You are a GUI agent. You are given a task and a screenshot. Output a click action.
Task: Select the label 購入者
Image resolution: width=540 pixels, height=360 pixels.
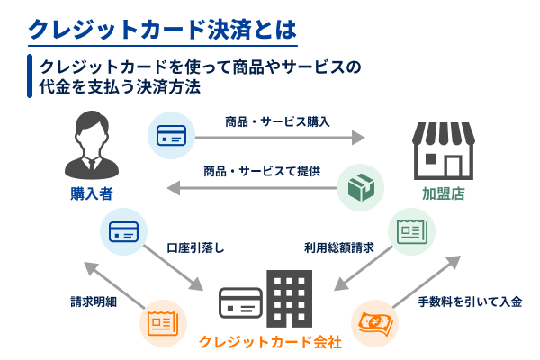click(x=91, y=193)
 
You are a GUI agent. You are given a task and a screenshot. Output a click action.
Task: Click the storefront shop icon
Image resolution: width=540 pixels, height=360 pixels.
click(x=443, y=150)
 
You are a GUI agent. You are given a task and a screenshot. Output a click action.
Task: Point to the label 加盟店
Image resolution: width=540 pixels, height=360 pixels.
click(x=444, y=193)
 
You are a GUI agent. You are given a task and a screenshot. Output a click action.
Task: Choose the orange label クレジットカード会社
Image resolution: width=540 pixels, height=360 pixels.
click(x=270, y=343)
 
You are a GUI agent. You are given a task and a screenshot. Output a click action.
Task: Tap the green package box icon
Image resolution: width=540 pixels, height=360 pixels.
click(x=361, y=187)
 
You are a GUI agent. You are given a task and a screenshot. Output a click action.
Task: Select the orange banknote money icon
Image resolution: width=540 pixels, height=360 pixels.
click(x=375, y=323)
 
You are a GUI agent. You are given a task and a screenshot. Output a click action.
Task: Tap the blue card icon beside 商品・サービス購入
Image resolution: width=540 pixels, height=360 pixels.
click(x=171, y=136)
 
